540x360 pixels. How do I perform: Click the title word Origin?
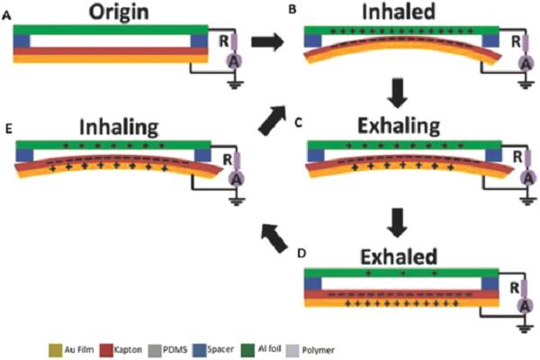tap(119, 13)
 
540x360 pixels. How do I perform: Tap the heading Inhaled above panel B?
tap(399, 12)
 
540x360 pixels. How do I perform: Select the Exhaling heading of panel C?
tap(399, 126)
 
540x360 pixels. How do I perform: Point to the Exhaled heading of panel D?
tap(399, 256)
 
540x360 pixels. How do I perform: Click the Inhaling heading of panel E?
tap(119, 128)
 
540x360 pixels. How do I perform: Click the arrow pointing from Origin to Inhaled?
tap(267, 42)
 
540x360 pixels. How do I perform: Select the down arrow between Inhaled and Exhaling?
tap(398, 94)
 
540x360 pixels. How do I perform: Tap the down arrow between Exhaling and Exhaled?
tap(398, 222)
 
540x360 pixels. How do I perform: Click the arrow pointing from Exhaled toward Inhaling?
tap(274, 238)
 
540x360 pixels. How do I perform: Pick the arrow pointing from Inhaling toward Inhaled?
tap(273, 121)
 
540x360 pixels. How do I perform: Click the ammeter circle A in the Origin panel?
tap(234, 62)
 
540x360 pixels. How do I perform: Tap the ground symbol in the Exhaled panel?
tap(525, 329)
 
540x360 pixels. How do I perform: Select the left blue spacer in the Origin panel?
tap(22, 41)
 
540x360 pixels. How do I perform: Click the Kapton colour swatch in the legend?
tap(106, 350)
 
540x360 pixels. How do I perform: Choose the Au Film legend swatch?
tap(56, 350)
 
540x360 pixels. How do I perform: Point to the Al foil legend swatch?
tap(247, 350)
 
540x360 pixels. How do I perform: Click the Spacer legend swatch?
tap(200, 350)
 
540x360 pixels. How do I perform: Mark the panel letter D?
tap(301, 254)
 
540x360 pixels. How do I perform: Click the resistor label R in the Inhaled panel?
tap(516, 42)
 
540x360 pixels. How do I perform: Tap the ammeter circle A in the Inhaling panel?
tap(237, 179)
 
